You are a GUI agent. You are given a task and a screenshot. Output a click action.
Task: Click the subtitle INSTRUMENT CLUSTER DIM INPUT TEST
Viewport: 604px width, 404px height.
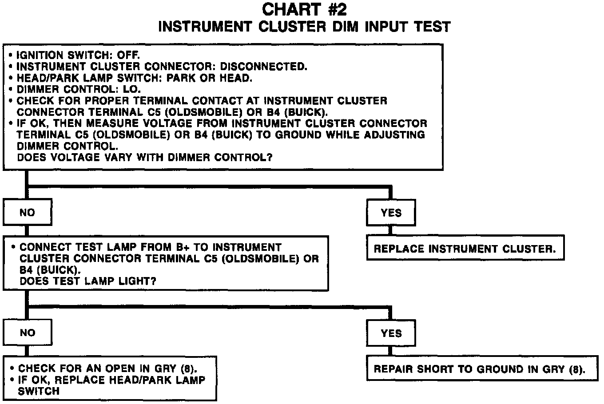pyautogui.click(x=304, y=27)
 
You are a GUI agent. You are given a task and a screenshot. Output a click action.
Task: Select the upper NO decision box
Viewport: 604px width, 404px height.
pyautogui.click(x=27, y=213)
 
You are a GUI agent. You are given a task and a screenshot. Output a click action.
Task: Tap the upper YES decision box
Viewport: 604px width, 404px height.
pyautogui.click(x=391, y=213)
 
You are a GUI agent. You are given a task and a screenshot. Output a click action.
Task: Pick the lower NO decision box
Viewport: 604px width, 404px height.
pyautogui.click(x=27, y=333)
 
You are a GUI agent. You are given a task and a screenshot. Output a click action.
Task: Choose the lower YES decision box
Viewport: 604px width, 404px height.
pyautogui.click(x=391, y=333)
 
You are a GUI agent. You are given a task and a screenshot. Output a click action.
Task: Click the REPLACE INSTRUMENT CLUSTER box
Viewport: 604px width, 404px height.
pyautogui.click(x=465, y=249)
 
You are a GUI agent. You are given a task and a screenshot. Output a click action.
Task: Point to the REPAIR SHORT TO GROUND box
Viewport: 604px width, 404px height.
pyautogui.click(x=479, y=369)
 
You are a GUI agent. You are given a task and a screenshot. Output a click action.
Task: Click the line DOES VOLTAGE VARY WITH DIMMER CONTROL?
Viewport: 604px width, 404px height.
pyautogui.click(x=144, y=157)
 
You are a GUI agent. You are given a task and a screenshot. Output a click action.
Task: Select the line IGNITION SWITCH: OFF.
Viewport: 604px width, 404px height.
pyautogui.click(x=78, y=55)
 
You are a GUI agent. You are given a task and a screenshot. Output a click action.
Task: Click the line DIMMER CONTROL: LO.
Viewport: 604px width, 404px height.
pyautogui.click(x=79, y=89)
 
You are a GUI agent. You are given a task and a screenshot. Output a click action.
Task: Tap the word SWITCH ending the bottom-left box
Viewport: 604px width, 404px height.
pyautogui.click(x=38, y=392)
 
